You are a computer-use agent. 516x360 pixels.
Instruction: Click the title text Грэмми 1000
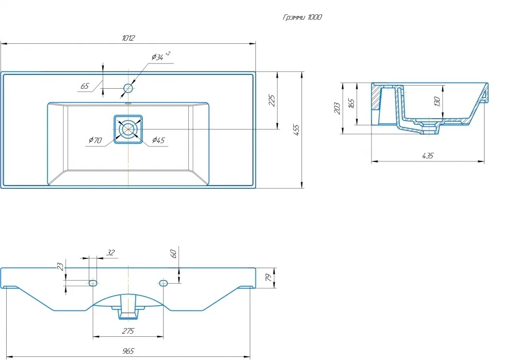pos(302,17)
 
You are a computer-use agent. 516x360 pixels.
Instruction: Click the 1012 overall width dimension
pos(128,38)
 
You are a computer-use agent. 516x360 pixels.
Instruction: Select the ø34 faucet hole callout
pos(161,56)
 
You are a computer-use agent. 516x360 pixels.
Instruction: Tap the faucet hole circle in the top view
pos(128,88)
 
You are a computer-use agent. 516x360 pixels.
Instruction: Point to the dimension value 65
pos(85,86)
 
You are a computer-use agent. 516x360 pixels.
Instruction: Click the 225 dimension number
pos(272,101)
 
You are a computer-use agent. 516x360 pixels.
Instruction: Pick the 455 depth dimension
pos(296,130)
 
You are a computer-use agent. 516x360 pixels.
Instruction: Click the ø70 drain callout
pos(95,140)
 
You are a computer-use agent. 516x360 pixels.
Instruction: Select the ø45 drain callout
pos(158,140)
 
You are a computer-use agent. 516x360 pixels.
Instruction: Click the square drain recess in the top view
pos(128,129)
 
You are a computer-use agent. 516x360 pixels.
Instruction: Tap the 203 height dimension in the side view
pos(337,108)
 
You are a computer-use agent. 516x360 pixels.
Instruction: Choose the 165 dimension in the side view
pos(351,104)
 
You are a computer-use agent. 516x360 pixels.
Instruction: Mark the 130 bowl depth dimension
pos(437,102)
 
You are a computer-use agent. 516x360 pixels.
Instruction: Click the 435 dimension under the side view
pos(427,156)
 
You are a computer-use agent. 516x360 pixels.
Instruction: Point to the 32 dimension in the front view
pos(110,252)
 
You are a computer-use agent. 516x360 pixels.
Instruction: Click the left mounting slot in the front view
pos(93,283)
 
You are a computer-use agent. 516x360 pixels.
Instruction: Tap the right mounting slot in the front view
pos(163,283)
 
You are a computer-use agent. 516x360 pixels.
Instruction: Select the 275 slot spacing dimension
pos(128,331)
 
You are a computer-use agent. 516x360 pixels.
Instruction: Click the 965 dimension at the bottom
pos(128,351)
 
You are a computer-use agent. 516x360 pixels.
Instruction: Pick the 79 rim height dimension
pos(269,277)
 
